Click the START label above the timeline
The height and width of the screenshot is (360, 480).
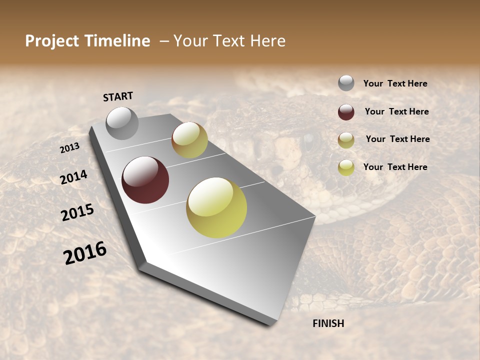pos(118,96)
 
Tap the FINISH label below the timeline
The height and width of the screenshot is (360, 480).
pos(328,323)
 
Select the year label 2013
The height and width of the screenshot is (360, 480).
pos(70,147)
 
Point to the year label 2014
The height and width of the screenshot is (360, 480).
pos(74,177)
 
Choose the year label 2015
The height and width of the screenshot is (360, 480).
pos(77,213)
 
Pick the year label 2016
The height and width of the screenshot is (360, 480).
pos(85,252)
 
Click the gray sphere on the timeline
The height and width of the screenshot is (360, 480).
pos(122,123)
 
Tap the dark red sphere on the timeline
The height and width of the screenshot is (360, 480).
pos(145,180)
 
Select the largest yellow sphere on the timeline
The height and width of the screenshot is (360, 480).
pos(216,207)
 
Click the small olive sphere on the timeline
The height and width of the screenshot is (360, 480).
pos(189,140)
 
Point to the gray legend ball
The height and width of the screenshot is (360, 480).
pos(346,83)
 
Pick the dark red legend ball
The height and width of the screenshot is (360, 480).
pos(346,112)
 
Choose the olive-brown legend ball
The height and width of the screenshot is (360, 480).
pos(346,140)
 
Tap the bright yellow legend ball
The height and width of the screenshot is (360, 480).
pos(346,167)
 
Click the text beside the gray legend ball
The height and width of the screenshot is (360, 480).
pos(395,83)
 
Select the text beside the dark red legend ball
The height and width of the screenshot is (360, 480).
pos(396,111)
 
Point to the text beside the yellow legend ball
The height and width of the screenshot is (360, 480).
pos(395,167)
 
